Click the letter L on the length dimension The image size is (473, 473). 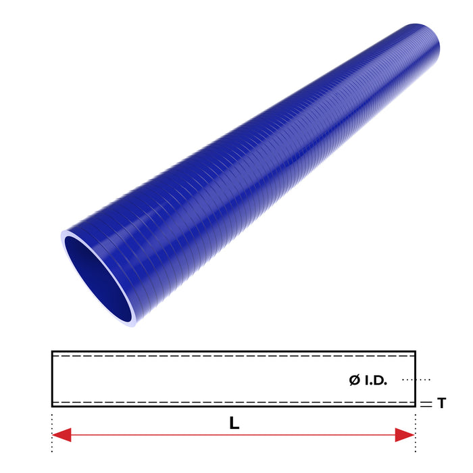234,424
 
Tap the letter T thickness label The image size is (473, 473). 441,403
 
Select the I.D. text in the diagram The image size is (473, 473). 376,380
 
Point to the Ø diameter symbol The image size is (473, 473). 355,380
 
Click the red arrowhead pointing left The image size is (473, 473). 61,434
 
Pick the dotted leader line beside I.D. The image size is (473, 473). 416,380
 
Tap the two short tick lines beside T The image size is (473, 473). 425,403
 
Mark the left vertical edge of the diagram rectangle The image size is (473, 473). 52,378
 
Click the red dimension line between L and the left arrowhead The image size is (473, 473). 142,434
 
